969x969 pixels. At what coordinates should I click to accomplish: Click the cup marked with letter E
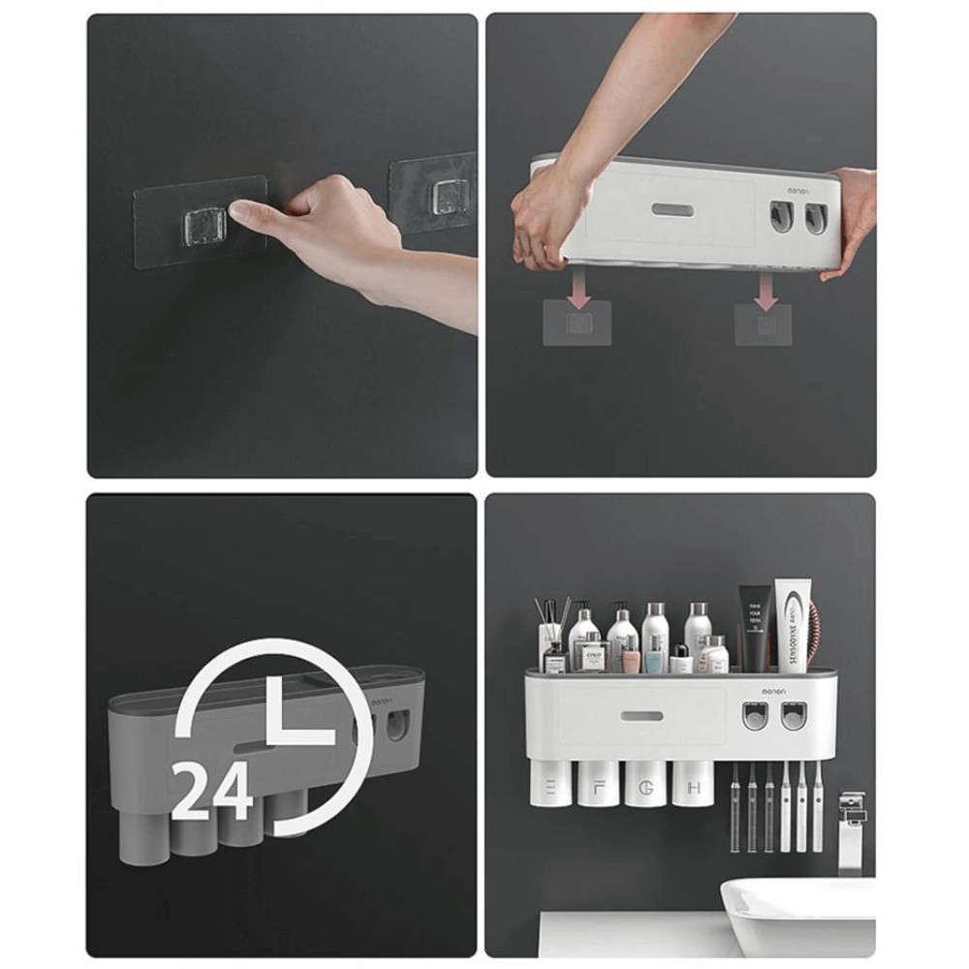550,782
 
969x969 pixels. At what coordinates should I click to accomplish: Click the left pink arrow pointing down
578,287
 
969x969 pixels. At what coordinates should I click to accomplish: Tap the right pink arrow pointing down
766,287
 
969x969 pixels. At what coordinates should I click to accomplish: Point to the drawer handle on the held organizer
671,210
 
